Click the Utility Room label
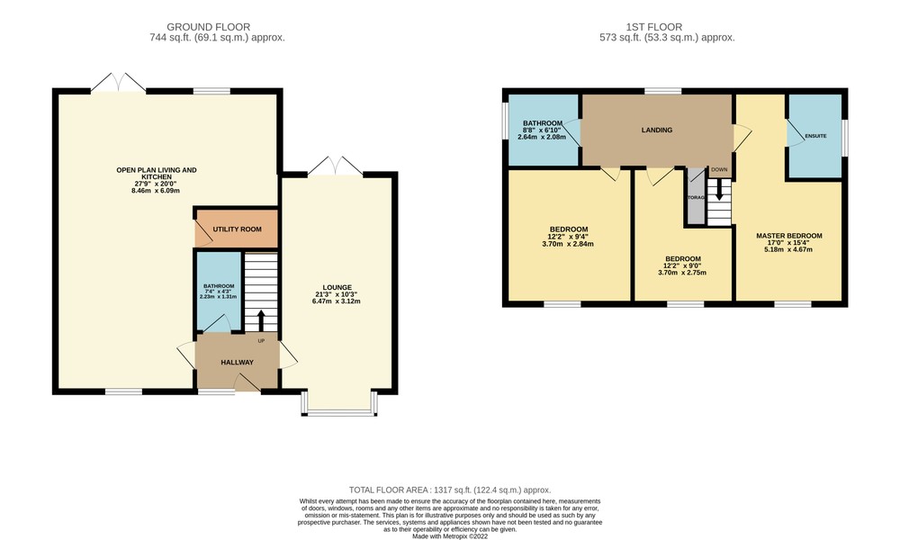[237, 229]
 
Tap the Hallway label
[237, 363]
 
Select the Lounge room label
[337, 287]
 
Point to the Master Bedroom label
[789, 236]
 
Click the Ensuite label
[815, 136]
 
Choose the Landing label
[657, 130]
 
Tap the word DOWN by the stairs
[719, 170]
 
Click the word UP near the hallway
[261, 341]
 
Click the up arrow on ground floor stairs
[261, 320]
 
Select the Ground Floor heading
[209, 27]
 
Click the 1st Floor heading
[654, 27]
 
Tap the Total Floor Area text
[450, 490]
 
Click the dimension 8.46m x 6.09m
[156, 191]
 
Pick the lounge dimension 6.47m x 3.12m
[337, 301]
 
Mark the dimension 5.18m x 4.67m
[788, 249]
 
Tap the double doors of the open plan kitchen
[118, 83]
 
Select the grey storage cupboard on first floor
[695, 197]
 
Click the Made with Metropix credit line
[450, 537]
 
